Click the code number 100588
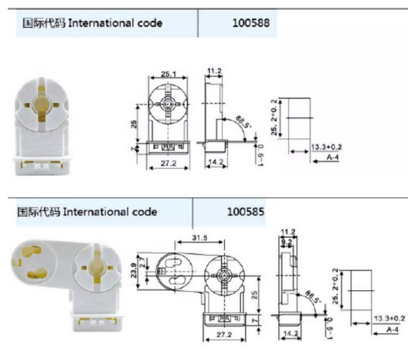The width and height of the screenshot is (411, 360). [x=251, y=23]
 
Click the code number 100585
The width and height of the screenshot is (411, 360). [x=246, y=212]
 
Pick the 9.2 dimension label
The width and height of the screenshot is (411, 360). [x=286, y=241]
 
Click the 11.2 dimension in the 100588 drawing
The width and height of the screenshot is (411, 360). [x=214, y=71]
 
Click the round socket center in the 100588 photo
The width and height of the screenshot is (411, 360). [x=41, y=104]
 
